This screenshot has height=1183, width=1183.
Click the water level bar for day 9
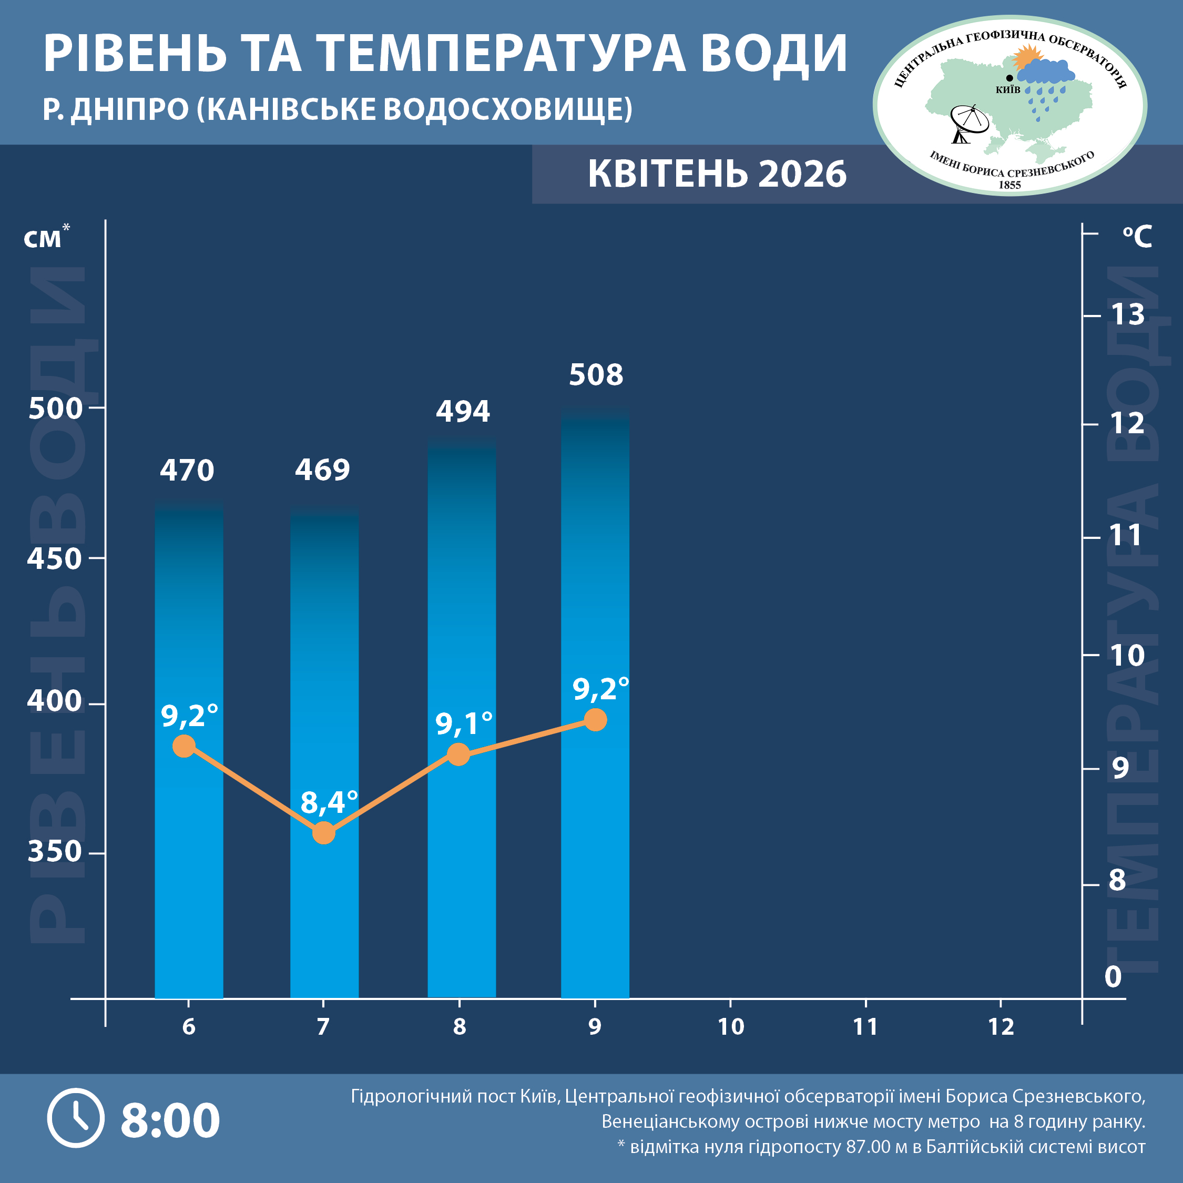595,704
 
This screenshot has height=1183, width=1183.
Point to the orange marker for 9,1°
458,754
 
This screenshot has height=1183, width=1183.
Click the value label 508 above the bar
596,375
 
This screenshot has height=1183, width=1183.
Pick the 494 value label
463,411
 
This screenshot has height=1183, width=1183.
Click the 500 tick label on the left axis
55,409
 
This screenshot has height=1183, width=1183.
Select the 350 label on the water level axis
55,851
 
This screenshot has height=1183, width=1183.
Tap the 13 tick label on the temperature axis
1127,315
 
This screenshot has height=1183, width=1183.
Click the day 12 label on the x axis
1001,1027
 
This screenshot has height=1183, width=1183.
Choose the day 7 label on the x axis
323,1027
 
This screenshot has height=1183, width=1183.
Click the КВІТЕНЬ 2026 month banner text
717,174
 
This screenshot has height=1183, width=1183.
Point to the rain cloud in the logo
1046,74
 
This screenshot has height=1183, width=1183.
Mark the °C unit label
1137,237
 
